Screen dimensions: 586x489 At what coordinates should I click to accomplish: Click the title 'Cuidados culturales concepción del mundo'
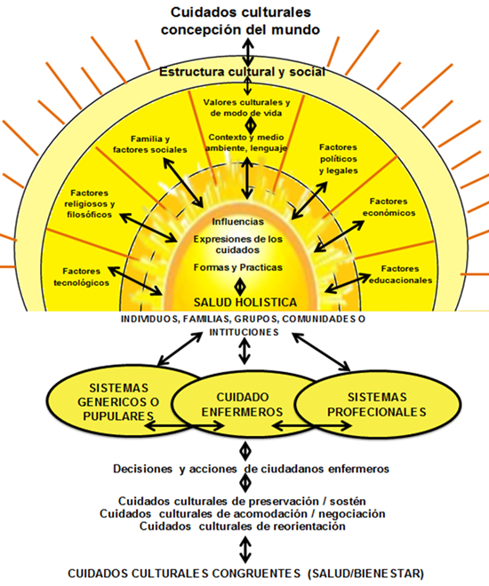point(244,20)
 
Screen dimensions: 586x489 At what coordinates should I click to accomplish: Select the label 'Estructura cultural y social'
point(242,71)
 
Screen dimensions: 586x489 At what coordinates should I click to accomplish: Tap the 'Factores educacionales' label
point(406,273)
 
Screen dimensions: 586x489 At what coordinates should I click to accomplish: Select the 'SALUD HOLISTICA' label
point(243,303)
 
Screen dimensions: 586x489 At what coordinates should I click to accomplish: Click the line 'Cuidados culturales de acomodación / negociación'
point(243,513)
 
